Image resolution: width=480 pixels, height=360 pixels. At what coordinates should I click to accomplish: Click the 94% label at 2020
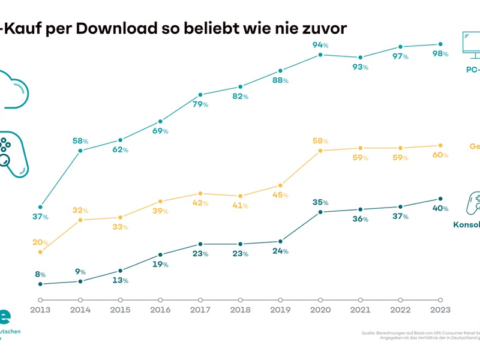pyautogui.click(x=320, y=45)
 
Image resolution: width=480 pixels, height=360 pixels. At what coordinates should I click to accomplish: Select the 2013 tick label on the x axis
pyautogui.click(x=40, y=310)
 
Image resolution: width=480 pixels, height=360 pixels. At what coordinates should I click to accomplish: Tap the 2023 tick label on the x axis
pyautogui.click(x=440, y=310)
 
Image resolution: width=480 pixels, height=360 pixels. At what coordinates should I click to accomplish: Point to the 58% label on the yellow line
pyautogui.click(x=321, y=140)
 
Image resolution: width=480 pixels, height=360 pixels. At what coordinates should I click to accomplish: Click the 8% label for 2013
pyautogui.click(x=40, y=274)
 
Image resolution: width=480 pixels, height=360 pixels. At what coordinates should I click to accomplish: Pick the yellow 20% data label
pyautogui.click(x=40, y=242)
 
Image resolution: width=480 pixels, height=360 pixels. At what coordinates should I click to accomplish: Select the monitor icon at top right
pyautogui.click(x=471, y=46)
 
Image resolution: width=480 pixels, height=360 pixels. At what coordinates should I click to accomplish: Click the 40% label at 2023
pyautogui.click(x=441, y=208)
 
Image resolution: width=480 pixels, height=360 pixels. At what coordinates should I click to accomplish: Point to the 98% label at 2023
pyautogui.click(x=441, y=53)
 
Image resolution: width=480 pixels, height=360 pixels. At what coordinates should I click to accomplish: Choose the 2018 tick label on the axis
pyautogui.click(x=240, y=310)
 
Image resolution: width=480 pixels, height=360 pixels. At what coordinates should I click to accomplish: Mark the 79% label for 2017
pyautogui.click(x=200, y=104)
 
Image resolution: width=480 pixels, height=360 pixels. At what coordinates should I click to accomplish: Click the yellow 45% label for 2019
pyautogui.click(x=280, y=195)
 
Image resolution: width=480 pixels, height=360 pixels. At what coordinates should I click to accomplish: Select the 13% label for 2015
pyautogui.click(x=120, y=280)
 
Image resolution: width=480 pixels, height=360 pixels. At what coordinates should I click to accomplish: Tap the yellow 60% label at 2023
pyautogui.click(x=441, y=155)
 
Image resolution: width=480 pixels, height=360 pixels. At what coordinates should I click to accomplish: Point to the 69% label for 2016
pyautogui.click(x=160, y=130)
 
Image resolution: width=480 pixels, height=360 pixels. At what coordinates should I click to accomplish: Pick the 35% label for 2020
pyautogui.click(x=321, y=202)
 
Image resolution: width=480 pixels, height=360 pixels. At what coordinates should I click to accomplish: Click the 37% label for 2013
pyautogui.click(x=40, y=217)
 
